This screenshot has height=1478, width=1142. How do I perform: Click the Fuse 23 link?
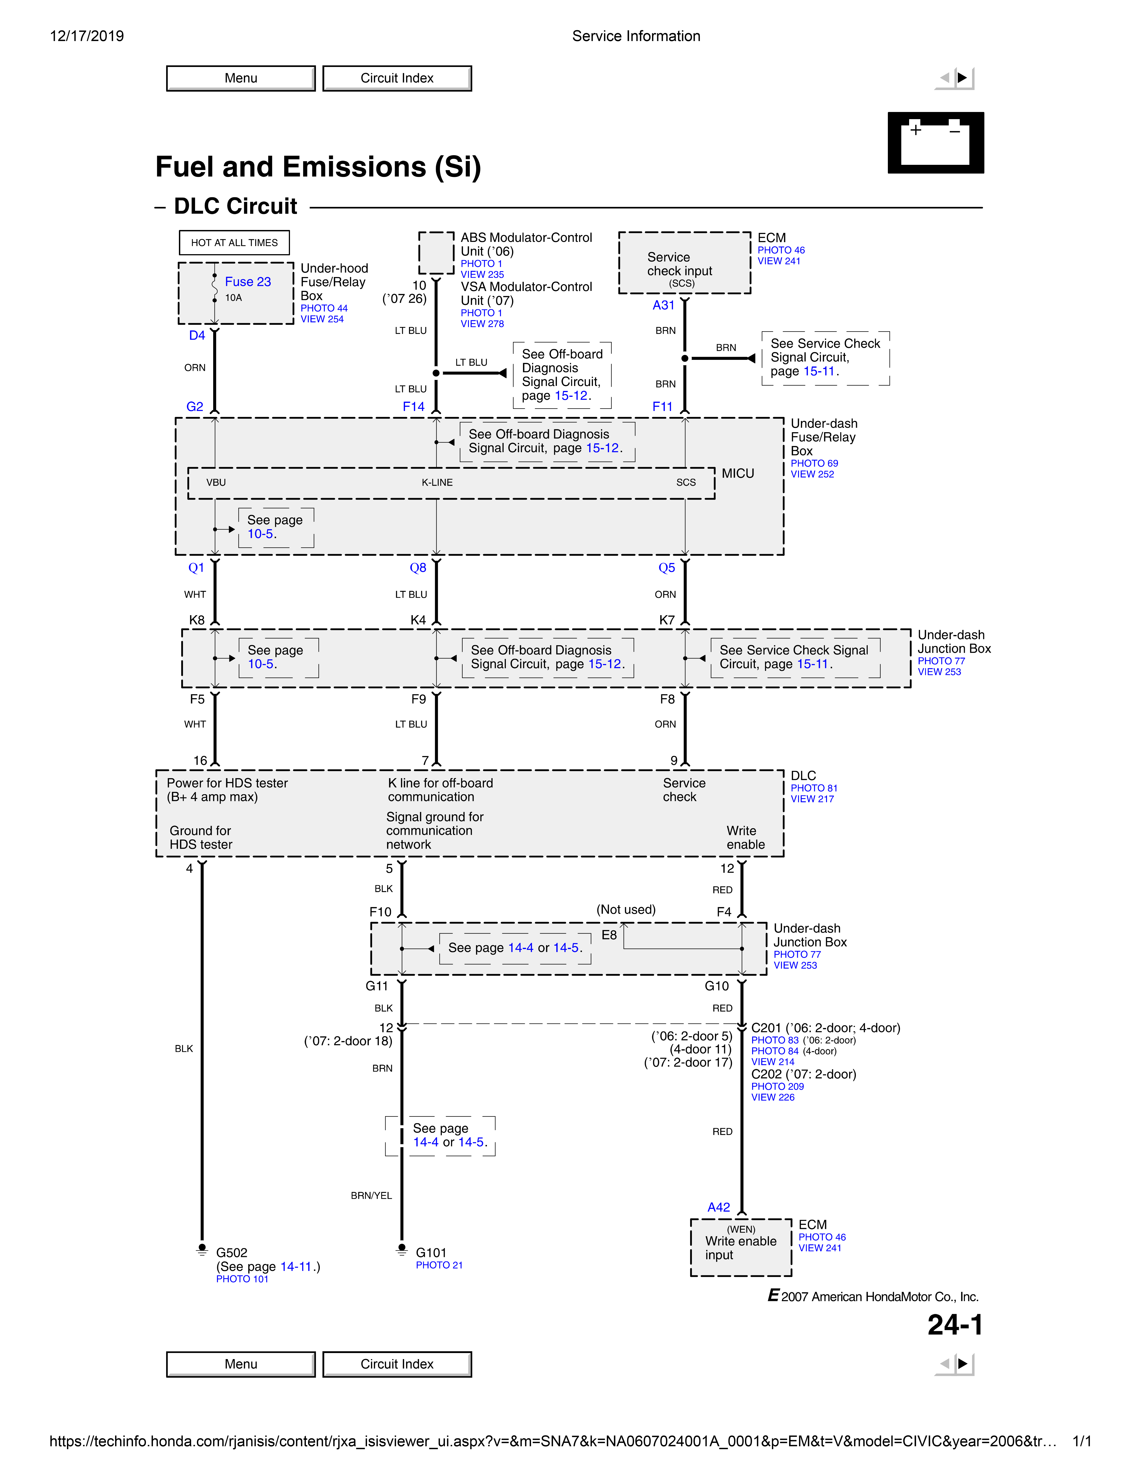click(x=248, y=281)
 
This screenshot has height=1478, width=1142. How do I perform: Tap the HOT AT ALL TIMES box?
click(x=234, y=242)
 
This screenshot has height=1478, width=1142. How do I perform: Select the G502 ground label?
click(x=231, y=1253)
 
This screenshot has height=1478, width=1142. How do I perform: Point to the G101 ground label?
click(x=431, y=1253)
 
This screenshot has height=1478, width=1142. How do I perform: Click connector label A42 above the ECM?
click(x=719, y=1207)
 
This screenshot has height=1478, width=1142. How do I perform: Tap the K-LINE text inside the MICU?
click(x=437, y=483)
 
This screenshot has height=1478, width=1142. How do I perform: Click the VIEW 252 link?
click(x=812, y=474)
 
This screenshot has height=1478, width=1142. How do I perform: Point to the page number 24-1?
click(x=955, y=1325)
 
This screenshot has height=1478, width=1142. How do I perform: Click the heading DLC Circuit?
click(x=235, y=206)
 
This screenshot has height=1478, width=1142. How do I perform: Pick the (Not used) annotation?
click(x=626, y=910)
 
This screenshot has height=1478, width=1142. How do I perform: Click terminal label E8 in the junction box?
click(x=609, y=935)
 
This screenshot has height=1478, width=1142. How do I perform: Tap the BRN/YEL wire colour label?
click(x=371, y=1196)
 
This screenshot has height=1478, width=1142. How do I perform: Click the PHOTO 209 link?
click(x=777, y=1086)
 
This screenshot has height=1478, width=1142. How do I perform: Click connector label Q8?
click(x=418, y=568)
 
